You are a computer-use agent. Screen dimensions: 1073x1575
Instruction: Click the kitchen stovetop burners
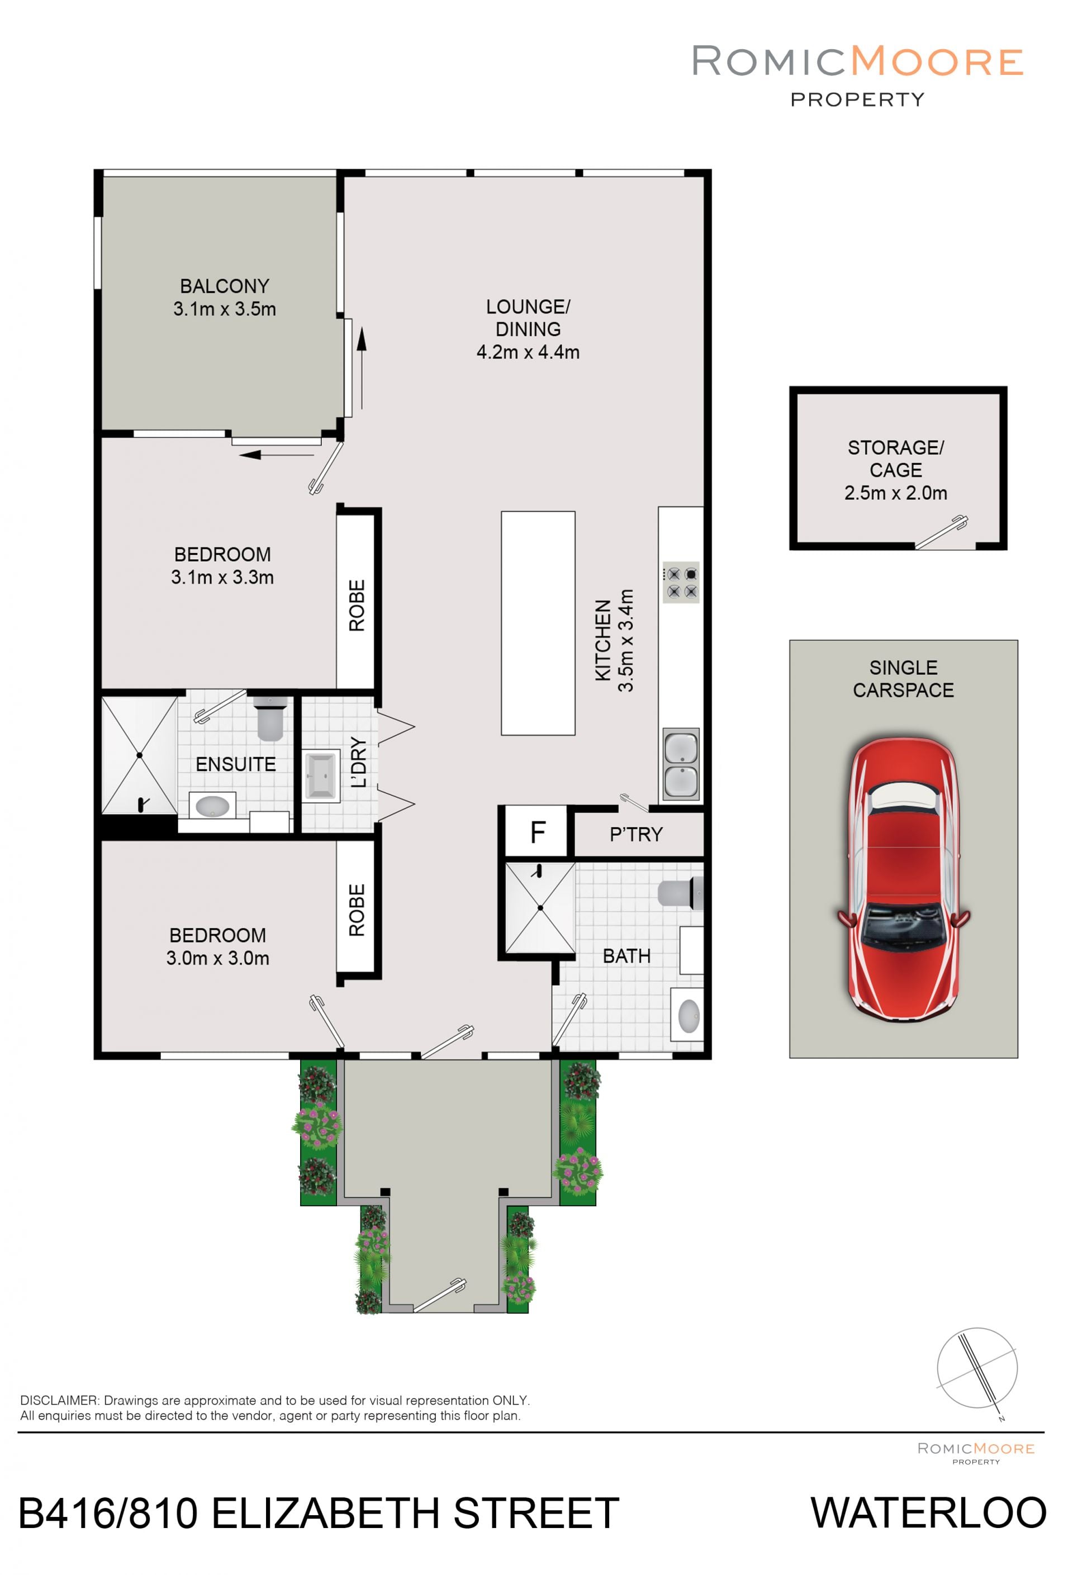click(x=681, y=582)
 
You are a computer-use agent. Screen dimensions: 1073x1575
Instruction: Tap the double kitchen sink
click(x=681, y=764)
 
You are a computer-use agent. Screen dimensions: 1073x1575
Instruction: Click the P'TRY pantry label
click(x=636, y=834)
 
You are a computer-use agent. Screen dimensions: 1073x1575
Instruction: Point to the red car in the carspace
click(x=904, y=879)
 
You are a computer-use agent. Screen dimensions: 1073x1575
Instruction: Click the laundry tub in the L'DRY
click(x=321, y=775)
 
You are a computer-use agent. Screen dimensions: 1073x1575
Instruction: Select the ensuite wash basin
click(x=212, y=806)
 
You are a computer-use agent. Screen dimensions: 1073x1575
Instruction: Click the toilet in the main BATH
click(x=681, y=893)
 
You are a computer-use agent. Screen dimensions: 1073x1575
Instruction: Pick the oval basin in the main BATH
click(x=688, y=1015)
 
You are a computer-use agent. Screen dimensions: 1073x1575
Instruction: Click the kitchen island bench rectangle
click(x=538, y=624)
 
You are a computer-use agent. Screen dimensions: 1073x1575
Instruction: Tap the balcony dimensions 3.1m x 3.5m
click(x=224, y=309)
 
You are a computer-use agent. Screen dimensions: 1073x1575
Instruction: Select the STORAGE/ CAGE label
click(x=895, y=459)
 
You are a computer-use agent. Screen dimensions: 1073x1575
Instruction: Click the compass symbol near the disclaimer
click(x=977, y=1368)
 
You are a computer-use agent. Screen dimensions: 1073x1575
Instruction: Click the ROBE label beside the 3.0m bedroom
click(x=357, y=910)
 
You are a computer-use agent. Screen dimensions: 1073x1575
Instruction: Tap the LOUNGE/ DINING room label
click(x=528, y=318)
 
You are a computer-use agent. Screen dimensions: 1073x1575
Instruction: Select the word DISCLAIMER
click(x=60, y=1401)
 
